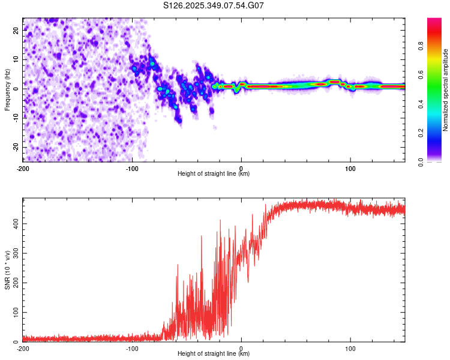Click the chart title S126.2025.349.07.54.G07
click(x=214, y=6)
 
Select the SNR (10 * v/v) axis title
click(x=8, y=270)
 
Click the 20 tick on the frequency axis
click(x=16, y=29)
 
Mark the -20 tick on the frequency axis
click(x=15, y=147)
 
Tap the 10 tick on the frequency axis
click(x=16, y=59)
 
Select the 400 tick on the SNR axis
click(x=14, y=223)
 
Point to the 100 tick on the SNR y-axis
click(x=14, y=313)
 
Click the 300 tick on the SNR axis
click(x=14, y=253)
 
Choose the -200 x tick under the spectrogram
click(x=23, y=168)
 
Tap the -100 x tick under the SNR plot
click(x=132, y=348)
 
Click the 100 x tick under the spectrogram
click(x=350, y=168)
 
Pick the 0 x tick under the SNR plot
click(x=241, y=348)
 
